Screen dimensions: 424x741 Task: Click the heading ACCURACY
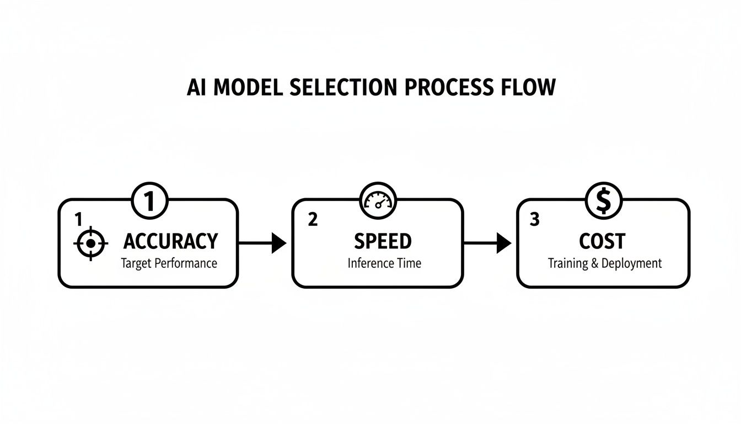click(x=170, y=242)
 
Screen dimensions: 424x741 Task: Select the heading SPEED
click(x=383, y=242)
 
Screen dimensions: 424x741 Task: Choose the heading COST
click(x=602, y=242)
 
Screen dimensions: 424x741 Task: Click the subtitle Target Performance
click(x=169, y=263)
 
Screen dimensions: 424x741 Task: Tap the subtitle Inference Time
click(x=384, y=263)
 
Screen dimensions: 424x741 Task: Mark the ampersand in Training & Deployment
click(x=594, y=263)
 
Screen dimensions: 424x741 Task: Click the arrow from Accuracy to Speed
click(x=262, y=242)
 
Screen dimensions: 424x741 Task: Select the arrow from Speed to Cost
click(x=487, y=242)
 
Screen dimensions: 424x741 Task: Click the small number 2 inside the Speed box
click(x=313, y=220)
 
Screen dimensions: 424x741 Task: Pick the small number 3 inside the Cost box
click(x=534, y=220)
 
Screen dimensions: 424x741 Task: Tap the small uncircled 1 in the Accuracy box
click(x=78, y=220)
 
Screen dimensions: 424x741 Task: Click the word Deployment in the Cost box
click(x=631, y=263)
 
